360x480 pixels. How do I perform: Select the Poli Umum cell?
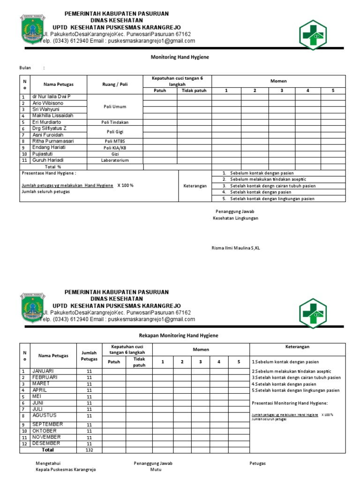click(x=115, y=106)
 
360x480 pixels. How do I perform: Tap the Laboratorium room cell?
click(x=115, y=160)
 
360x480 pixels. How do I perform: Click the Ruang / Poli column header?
click(x=115, y=84)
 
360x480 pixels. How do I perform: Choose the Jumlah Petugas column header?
click(x=89, y=356)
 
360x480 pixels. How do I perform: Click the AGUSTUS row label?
click(x=44, y=415)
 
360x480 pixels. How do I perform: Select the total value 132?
click(x=89, y=450)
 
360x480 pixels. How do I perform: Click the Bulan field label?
click(x=25, y=68)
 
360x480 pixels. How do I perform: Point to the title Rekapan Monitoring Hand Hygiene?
click(x=179, y=336)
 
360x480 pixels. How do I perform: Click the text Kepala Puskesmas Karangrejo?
click(x=66, y=470)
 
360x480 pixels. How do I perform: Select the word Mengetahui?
click(x=48, y=464)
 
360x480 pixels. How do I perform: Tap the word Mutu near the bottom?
click(x=156, y=470)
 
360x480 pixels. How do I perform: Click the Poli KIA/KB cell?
click(x=115, y=148)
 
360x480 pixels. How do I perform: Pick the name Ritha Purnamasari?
click(x=53, y=141)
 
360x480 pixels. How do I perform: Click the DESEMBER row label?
click(x=46, y=443)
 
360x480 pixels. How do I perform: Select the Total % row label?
click(x=53, y=166)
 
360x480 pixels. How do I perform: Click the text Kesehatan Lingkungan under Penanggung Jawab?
click(x=235, y=218)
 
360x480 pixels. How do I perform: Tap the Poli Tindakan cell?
click(x=115, y=122)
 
